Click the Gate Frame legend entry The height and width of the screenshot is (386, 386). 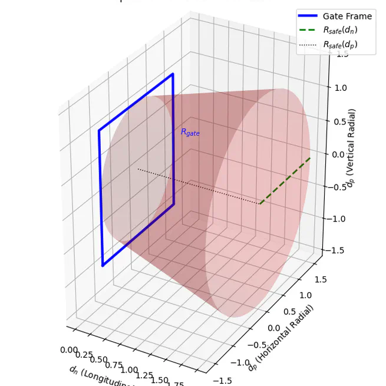coord(347,17)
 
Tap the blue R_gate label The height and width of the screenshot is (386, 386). coord(190,133)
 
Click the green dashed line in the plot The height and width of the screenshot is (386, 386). coord(285,180)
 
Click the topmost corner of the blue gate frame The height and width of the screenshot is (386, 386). coord(173,74)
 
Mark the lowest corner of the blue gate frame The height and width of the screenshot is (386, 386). coord(103,266)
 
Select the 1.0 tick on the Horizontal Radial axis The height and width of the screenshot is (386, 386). coord(306,295)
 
